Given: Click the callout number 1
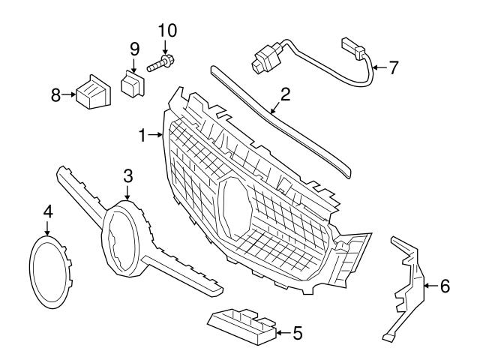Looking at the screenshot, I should coord(142,136).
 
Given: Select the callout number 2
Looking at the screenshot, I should coord(285,95).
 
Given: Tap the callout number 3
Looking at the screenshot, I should coord(128,176).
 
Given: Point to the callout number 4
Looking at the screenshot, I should coord(48,212).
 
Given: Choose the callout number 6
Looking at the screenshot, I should coord(445,286).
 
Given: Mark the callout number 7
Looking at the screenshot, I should coord(393,67).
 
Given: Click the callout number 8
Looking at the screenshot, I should coord(55,95).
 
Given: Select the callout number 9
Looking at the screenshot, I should coord(135,49).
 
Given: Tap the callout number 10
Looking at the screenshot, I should coord(166,31).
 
